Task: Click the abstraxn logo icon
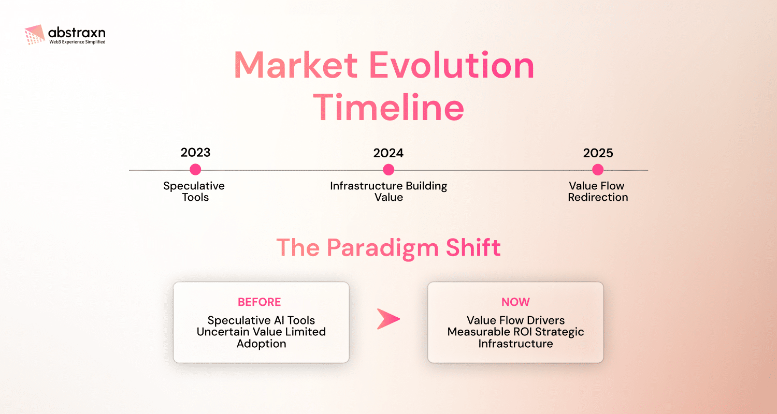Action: click(x=35, y=34)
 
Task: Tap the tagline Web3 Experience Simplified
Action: click(x=77, y=42)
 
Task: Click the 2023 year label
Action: click(x=195, y=153)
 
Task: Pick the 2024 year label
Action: click(x=388, y=153)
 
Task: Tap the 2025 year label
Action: click(x=598, y=153)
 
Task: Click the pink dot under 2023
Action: click(x=195, y=170)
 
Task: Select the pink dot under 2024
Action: click(x=388, y=170)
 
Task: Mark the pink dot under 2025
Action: click(x=598, y=170)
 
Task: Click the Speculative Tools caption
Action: click(x=195, y=191)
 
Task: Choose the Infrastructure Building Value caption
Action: click(x=388, y=191)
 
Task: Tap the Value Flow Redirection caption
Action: click(x=598, y=191)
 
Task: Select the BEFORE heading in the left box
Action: click(x=259, y=302)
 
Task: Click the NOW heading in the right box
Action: click(x=515, y=302)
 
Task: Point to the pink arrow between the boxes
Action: click(x=388, y=319)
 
